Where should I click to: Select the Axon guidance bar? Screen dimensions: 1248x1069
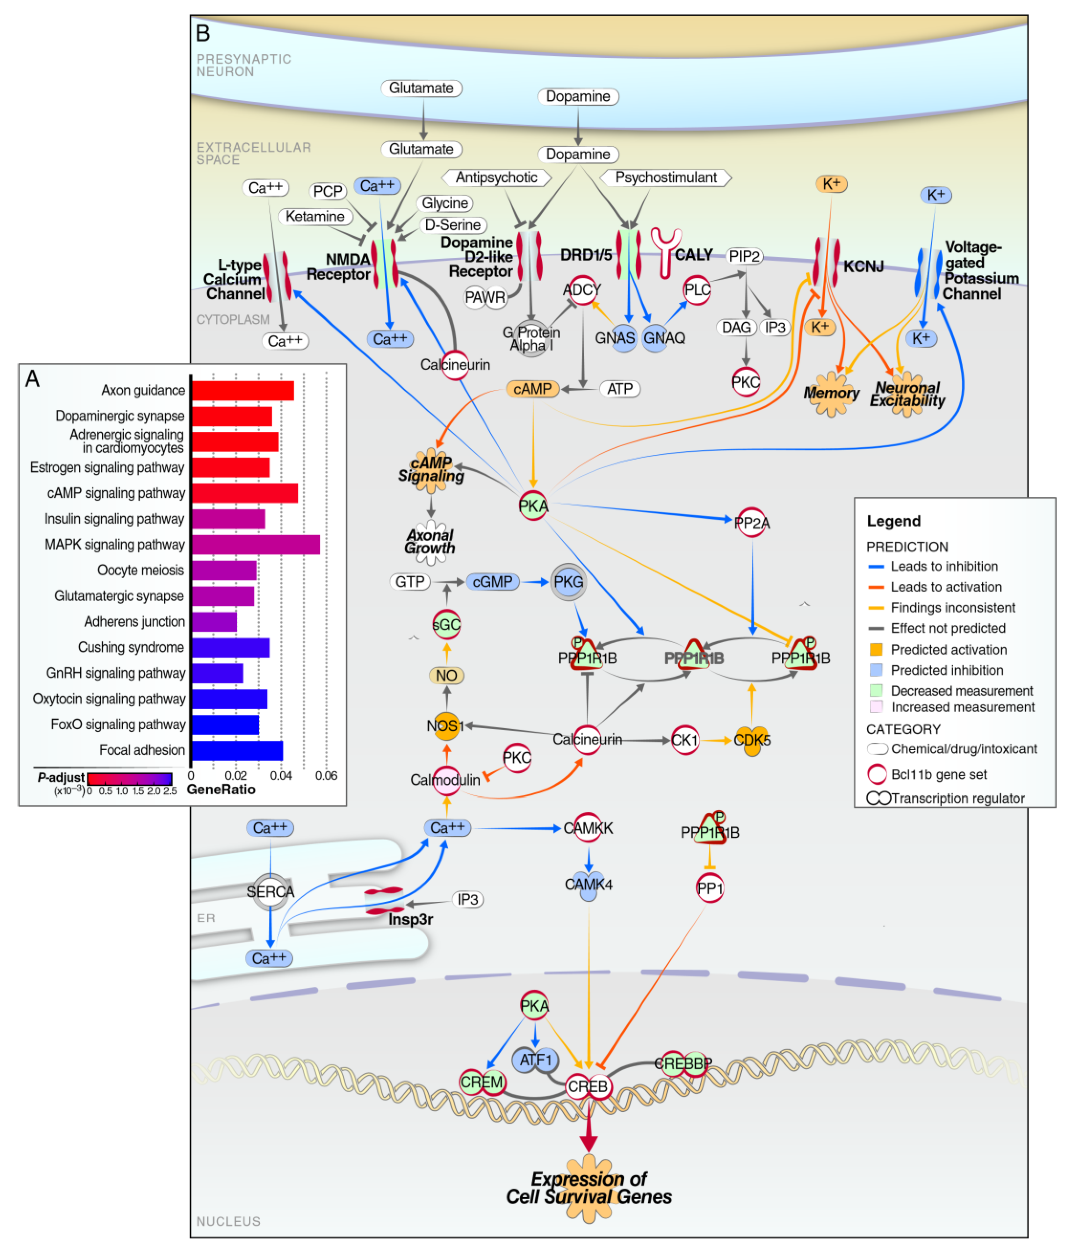243,390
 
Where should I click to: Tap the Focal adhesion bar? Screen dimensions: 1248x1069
237,750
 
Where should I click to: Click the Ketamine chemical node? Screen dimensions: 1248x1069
315,216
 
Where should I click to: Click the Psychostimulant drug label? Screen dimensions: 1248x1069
666,178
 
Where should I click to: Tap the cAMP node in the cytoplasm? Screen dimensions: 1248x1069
532,389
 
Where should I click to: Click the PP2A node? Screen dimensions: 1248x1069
752,522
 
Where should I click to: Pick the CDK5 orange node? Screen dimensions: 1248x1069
752,739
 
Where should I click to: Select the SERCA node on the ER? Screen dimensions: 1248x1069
271,891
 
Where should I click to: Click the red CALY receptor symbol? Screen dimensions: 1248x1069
666,252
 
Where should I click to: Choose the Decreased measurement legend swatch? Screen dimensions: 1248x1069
876,690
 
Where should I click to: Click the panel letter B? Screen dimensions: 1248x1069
203,34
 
